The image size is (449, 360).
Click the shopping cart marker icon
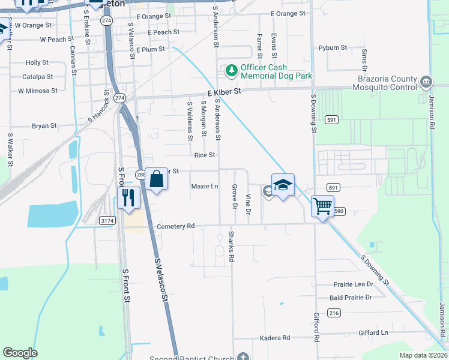(323, 206)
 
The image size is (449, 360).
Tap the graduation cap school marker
(283, 185)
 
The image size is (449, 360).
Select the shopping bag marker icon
(156, 179)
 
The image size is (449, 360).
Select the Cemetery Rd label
(175, 226)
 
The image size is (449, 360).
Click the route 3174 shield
(107, 221)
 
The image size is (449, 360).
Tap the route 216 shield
(334, 313)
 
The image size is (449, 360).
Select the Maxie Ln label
(204, 186)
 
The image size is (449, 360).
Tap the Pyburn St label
(333, 47)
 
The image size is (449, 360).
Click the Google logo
(20, 353)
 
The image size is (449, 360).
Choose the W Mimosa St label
(37, 91)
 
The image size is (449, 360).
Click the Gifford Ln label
(373, 332)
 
